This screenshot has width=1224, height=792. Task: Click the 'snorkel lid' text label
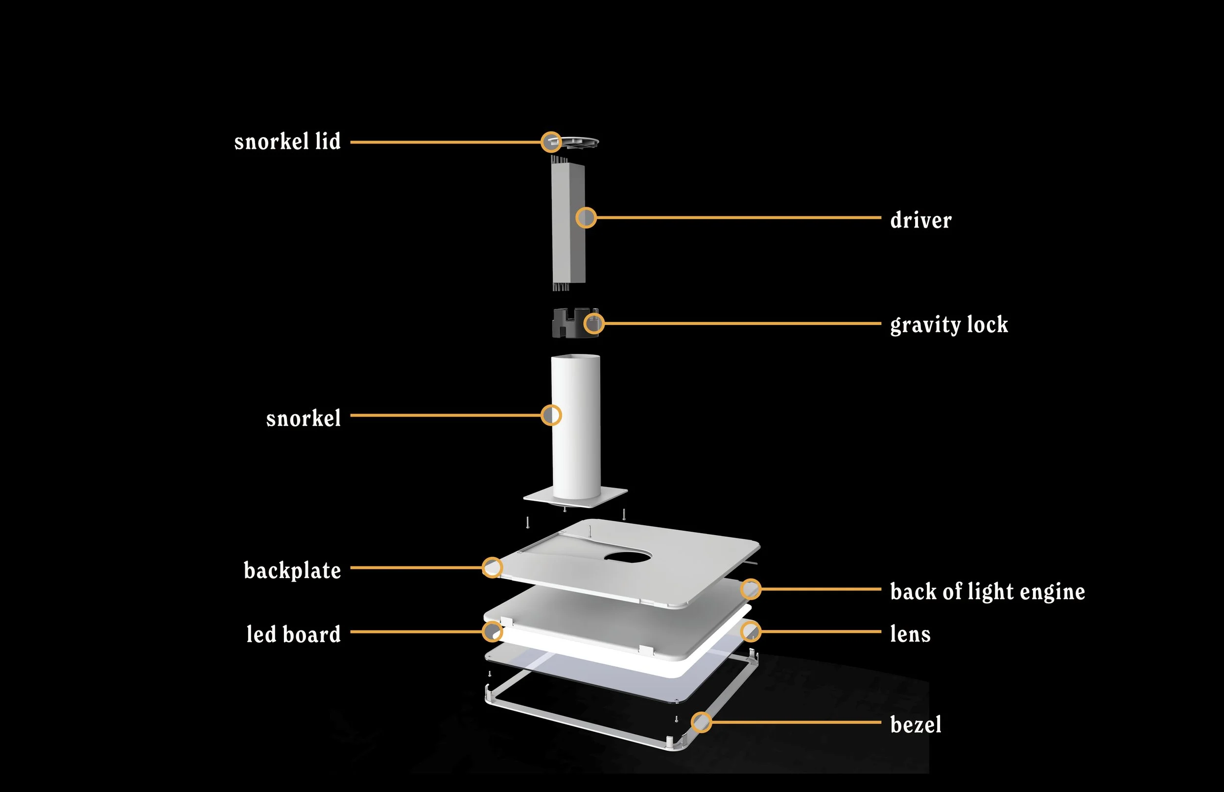(x=287, y=141)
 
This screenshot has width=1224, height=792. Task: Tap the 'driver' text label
(x=920, y=220)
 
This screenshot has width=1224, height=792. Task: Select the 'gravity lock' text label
(x=949, y=325)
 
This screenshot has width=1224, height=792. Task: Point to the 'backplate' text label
(x=292, y=570)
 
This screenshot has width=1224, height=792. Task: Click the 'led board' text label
(x=293, y=634)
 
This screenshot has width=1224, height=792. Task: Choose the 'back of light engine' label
(x=988, y=591)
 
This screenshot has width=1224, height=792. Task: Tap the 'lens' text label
(x=910, y=634)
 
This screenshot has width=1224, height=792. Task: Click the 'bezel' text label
(x=916, y=724)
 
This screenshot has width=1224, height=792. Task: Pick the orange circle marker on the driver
(x=586, y=217)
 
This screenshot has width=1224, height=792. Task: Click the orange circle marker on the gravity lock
(x=593, y=324)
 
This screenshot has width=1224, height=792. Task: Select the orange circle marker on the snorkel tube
(x=551, y=415)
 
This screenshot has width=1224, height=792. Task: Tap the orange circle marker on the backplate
(x=492, y=567)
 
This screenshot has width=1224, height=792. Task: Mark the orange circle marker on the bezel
(x=701, y=722)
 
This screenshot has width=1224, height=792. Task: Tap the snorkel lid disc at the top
(x=579, y=141)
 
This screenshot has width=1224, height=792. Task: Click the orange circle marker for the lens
(x=751, y=631)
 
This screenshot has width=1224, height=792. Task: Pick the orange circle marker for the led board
(x=492, y=631)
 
